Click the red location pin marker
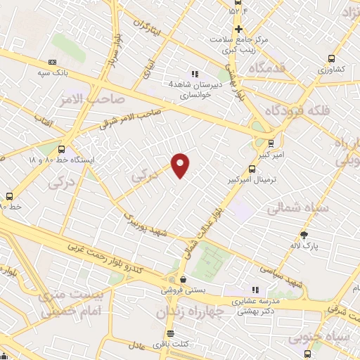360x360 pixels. (x=181, y=165)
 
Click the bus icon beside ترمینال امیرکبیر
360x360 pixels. (x=252, y=169)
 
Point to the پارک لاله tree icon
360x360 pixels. (x=304, y=236)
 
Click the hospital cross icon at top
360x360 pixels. (x=238, y=29)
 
